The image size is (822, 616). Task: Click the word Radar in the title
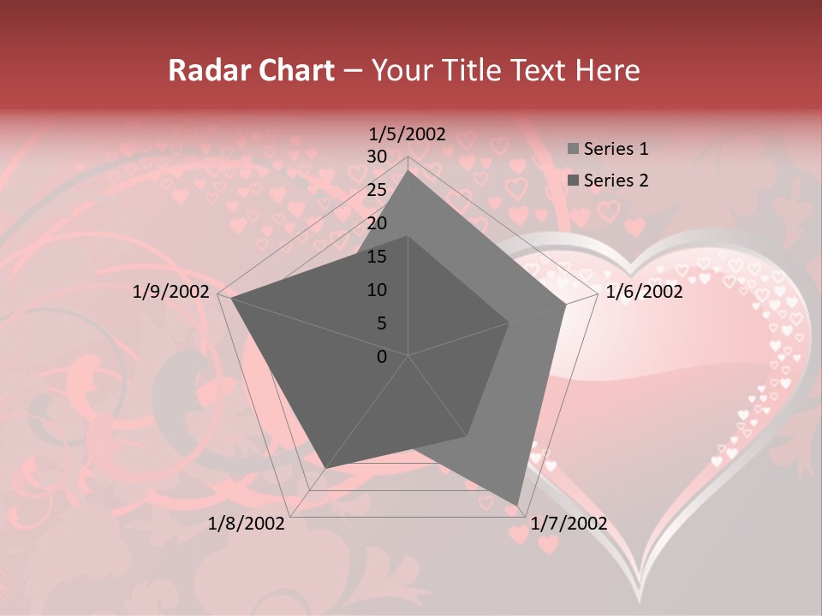tap(203, 70)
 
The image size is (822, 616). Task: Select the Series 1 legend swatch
tap(573, 150)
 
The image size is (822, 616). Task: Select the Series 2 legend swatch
tap(573, 181)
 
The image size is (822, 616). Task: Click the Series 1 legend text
tap(616, 149)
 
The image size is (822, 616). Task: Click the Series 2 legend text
tap(616, 180)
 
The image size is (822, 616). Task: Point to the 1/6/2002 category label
tap(644, 293)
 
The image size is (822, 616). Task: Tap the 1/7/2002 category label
tap(569, 524)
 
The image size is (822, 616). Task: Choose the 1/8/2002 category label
tap(247, 524)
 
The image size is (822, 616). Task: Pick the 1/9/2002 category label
tap(171, 293)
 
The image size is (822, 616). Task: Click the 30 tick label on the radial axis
tap(377, 157)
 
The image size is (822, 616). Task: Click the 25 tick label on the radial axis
tap(377, 190)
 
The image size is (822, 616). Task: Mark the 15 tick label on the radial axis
tap(377, 257)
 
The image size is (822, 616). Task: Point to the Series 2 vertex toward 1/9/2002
tap(231, 298)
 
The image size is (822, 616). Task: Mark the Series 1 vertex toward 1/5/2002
tap(408, 170)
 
